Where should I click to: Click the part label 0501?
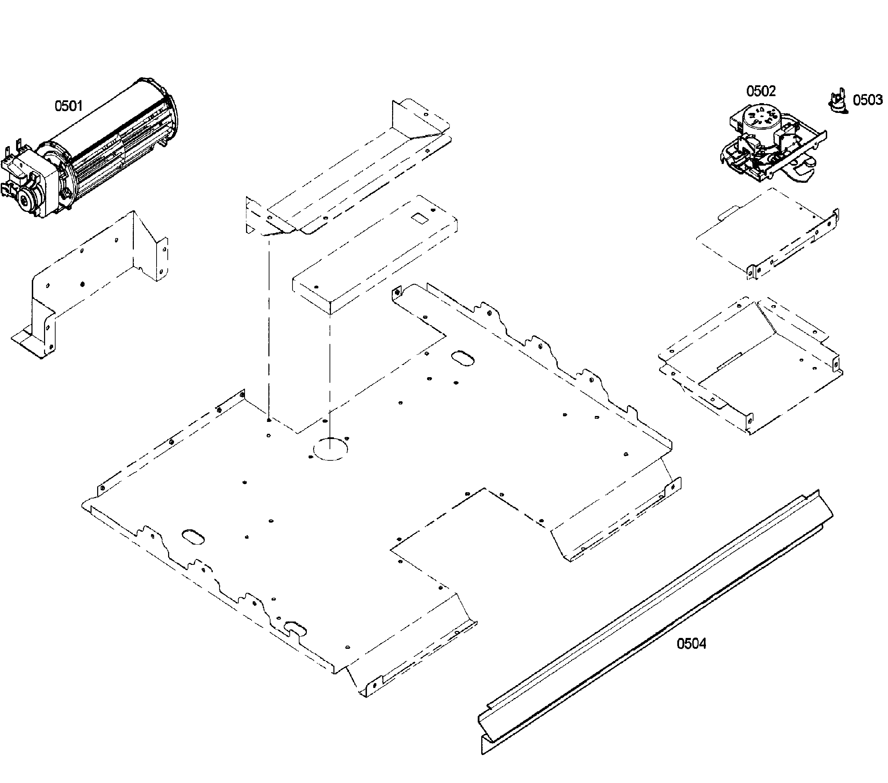point(68,106)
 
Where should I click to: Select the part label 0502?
point(761,91)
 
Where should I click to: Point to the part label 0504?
point(691,644)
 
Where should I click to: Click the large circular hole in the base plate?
point(330,450)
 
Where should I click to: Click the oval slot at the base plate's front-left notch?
point(295,629)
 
